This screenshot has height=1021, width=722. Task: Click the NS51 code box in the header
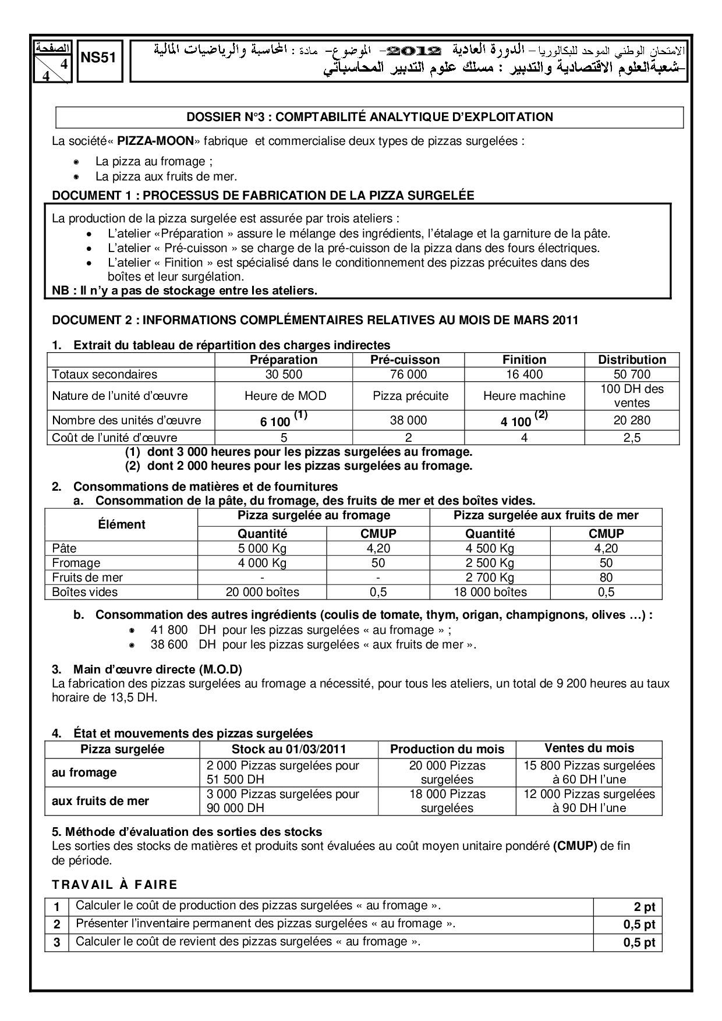pyautogui.click(x=98, y=58)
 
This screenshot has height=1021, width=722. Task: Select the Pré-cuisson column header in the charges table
pyautogui.click(x=408, y=360)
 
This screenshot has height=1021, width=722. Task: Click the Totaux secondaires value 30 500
pyautogui.click(x=283, y=374)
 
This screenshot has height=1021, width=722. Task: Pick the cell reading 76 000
pyautogui.click(x=408, y=374)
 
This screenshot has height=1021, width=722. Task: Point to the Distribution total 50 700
pyautogui.click(x=632, y=374)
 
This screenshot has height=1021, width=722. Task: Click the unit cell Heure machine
pyautogui.click(x=524, y=396)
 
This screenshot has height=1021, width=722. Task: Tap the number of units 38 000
pyautogui.click(x=408, y=420)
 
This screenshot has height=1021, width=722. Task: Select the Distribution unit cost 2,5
pyautogui.click(x=632, y=438)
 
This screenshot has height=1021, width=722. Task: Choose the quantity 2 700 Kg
pyautogui.click(x=490, y=577)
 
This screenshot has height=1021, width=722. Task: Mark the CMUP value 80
pyautogui.click(x=606, y=577)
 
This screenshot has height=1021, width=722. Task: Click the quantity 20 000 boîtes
pyautogui.click(x=263, y=592)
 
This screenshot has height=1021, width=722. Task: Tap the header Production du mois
pyautogui.click(x=447, y=749)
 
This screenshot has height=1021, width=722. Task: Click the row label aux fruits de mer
pyautogui.click(x=101, y=801)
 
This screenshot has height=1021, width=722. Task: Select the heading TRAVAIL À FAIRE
pyautogui.click(x=115, y=885)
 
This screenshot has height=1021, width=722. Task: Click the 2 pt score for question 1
pyautogui.click(x=644, y=907)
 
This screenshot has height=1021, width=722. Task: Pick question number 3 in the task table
pyautogui.click(x=56, y=942)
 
